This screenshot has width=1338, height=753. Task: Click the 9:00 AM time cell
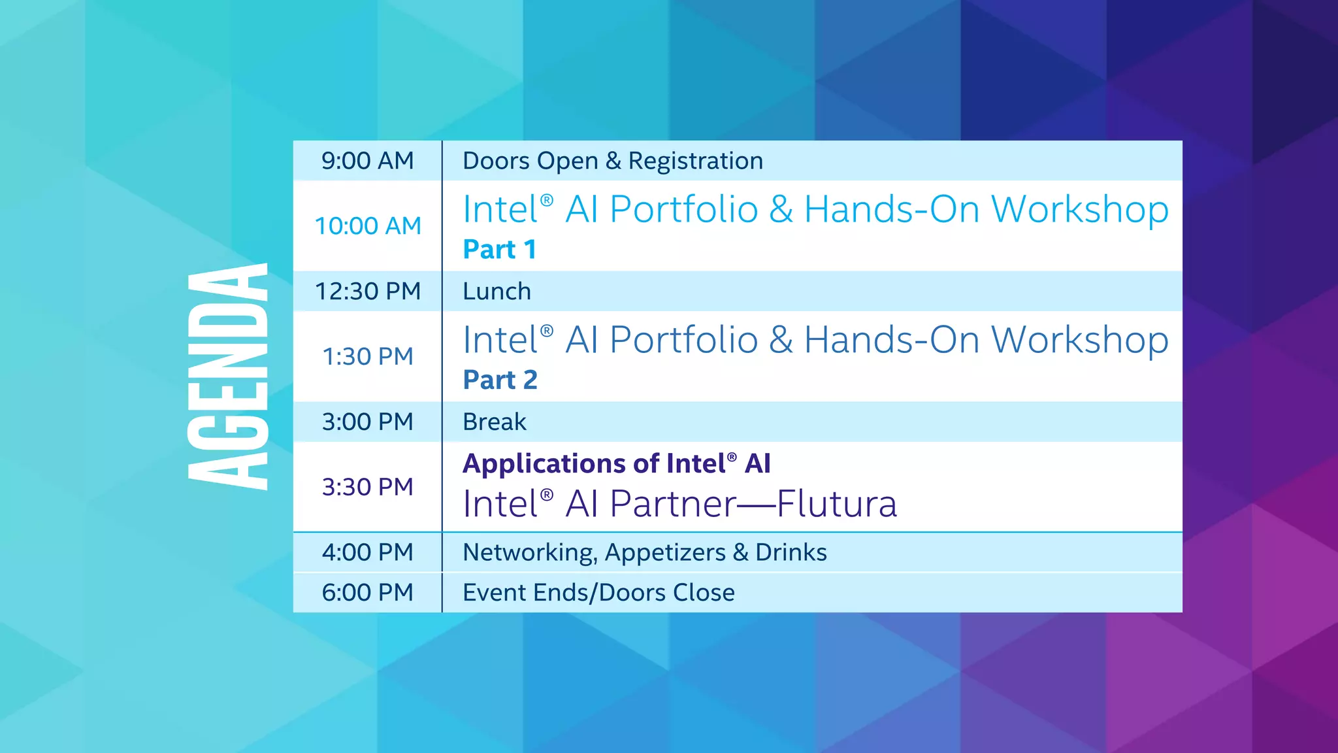pyautogui.click(x=367, y=161)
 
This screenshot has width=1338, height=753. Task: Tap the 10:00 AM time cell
pyautogui.click(x=368, y=226)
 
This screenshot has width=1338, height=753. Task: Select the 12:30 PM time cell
pyautogui.click(x=368, y=292)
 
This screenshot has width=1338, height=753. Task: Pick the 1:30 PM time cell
pyautogui.click(x=368, y=357)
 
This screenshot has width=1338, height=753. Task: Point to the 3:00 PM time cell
pyautogui.click(x=368, y=422)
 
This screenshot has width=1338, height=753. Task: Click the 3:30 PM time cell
pyautogui.click(x=368, y=487)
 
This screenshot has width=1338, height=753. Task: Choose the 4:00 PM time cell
pyautogui.click(x=368, y=552)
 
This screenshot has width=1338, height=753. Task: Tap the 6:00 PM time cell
pyautogui.click(x=368, y=593)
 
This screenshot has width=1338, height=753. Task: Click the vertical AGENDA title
pyautogui.click(x=228, y=376)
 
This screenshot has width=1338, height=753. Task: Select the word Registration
pyautogui.click(x=695, y=161)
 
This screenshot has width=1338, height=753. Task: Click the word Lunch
pyautogui.click(x=497, y=292)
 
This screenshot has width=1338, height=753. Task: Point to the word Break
pyautogui.click(x=494, y=422)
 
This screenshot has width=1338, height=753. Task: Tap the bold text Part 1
pyautogui.click(x=500, y=250)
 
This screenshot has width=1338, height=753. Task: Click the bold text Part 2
pyautogui.click(x=500, y=380)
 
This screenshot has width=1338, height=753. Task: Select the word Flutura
pyautogui.click(x=836, y=505)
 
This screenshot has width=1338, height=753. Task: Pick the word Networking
pyautogui.click(x=529, y=553)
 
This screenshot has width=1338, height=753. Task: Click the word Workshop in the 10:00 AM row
pyautogui.click(x=1079, y=210)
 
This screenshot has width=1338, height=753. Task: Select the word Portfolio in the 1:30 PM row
pyautogui.click(x=683, y=341)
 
